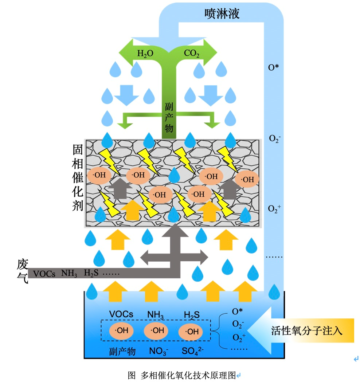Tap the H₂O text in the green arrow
[x=145, y=54]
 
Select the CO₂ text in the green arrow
[x=192, y=54]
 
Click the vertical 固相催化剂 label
[x=78, y=179]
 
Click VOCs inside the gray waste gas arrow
[x=44, y=273]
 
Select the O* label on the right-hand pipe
[x=274, y=67]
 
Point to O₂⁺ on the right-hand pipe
[x=274, y=209]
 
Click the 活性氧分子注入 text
[x=307, y=331]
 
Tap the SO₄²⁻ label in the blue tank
[x=193, y=352]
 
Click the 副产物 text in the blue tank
[x=122, y=352]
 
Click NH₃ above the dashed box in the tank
[x=155, y=314]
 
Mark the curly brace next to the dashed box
[x=216, y=330]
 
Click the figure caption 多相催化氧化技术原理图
[x=188, y=376]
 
